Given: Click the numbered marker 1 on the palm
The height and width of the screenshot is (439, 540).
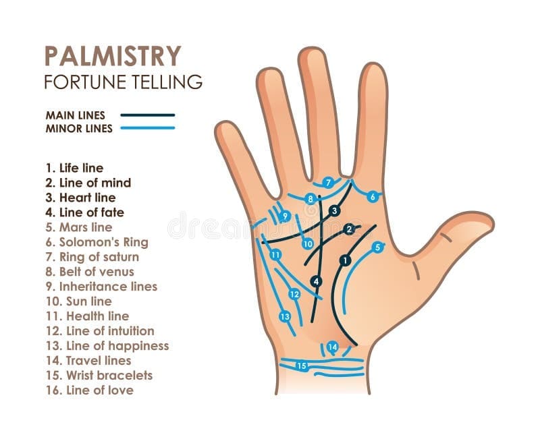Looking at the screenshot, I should [x=346, y=260].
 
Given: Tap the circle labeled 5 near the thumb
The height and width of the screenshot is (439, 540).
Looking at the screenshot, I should [x=378, y=247].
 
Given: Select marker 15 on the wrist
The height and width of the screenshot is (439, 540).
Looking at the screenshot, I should [x=302, y=366].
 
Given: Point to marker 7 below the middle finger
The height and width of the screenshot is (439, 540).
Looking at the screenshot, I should [x=328, y=182].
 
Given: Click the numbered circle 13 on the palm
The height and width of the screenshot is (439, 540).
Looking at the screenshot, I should [x=285, y=316].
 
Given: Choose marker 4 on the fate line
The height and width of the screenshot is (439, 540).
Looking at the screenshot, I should [x=316, y=281].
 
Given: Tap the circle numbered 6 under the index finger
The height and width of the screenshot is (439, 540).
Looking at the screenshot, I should [x=372, y=197].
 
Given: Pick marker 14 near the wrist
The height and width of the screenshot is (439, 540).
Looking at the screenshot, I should [x=332, y=347].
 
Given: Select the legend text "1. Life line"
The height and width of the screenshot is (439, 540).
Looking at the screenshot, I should [x=74, y=168].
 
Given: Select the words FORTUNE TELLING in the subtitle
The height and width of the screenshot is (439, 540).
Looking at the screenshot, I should [x=123, y=82].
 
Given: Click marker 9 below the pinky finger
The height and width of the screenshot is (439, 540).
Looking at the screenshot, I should [x=286, y=216].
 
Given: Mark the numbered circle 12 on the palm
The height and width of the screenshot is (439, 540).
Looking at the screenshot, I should [x=294, y=294].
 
